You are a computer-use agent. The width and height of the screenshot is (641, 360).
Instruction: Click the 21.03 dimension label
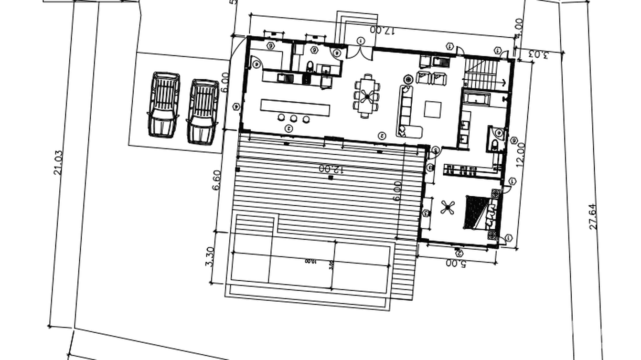click(58, 162)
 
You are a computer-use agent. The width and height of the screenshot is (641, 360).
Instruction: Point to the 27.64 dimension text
click(593, 216)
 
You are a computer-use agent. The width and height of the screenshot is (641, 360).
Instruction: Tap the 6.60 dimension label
click(216, 180)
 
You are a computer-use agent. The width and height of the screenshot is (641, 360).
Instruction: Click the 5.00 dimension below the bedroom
click(456, 263)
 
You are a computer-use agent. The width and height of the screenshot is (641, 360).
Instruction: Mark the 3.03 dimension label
click(538, 54)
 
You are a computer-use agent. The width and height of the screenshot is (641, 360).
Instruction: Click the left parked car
click(163, 105)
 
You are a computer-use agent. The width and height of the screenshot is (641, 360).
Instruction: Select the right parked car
click(202, 111)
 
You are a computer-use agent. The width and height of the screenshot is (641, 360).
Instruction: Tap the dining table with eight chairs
click(367, 95)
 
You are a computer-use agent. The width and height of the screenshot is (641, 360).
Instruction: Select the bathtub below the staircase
click(476, 99)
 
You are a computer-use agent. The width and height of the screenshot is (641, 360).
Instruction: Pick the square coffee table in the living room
click(433, 109)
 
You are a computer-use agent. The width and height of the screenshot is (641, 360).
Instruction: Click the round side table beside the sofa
click(408, 79)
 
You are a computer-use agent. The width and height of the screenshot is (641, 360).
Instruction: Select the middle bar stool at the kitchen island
click(294, 118)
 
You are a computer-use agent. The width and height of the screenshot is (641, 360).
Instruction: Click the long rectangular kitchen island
click(295, 107)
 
